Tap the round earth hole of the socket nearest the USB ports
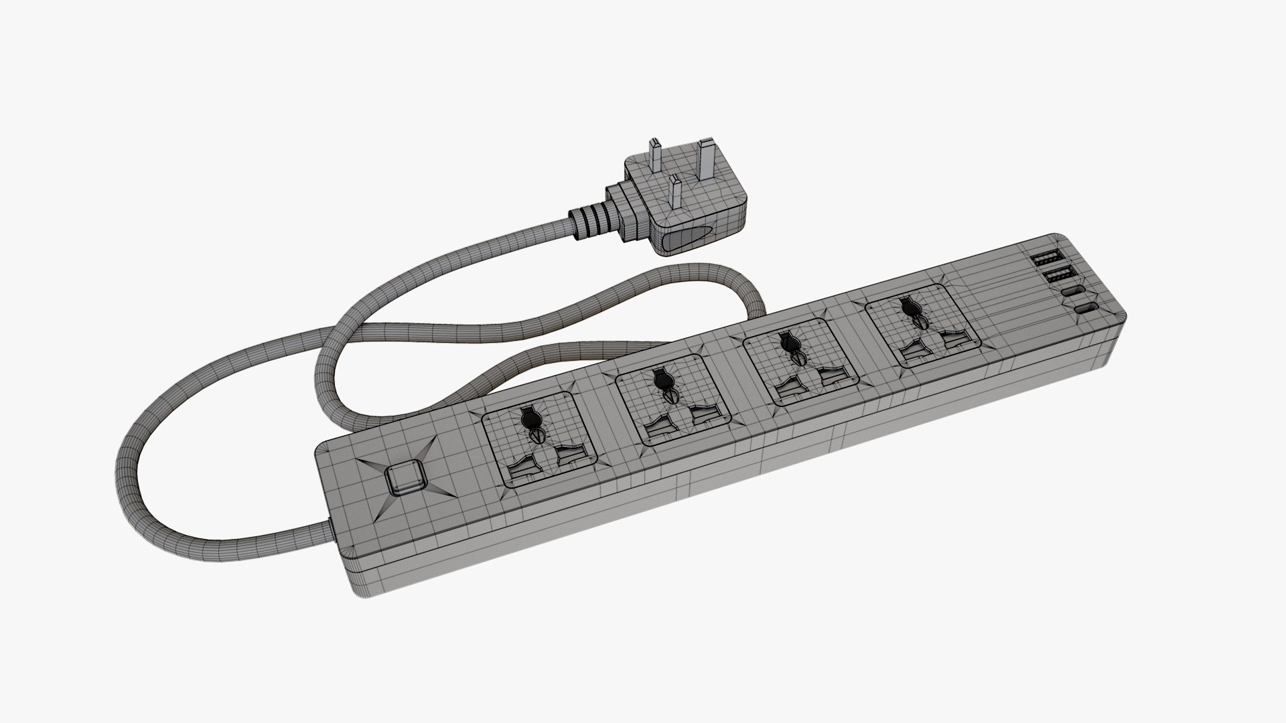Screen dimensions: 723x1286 (x=909, y=310)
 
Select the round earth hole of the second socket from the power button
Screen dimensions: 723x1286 (x=661, y=382)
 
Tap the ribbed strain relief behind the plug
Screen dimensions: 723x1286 (x=591, y=220)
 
